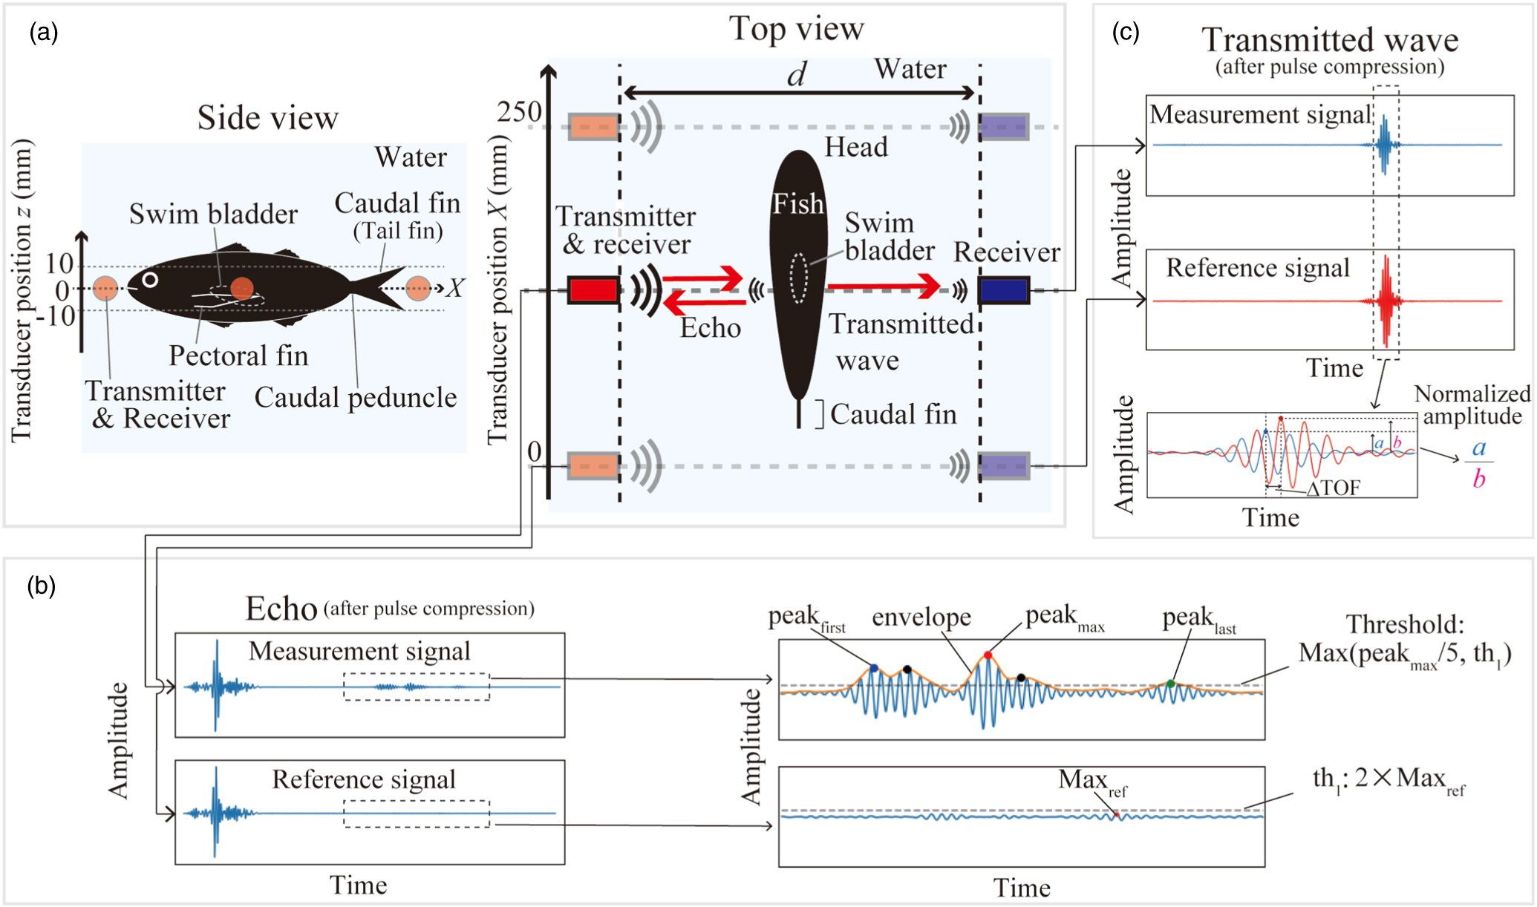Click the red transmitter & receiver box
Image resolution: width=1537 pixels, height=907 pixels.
pos(593,290)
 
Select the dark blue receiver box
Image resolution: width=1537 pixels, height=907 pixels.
pos(1004,290)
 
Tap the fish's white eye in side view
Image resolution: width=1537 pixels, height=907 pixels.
pos(150,280)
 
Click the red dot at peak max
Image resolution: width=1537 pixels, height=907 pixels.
pos(988,655)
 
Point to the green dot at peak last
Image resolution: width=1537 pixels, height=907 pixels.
pos(1170,684)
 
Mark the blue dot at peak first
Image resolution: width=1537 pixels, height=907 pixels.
pos(874,669)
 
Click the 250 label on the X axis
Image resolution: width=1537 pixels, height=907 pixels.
pos(519,112)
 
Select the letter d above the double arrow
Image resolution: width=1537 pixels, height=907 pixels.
pos(797,74)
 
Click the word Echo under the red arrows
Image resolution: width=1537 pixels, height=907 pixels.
pos(711,328)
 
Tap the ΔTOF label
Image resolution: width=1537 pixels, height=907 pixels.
pos(1334,488)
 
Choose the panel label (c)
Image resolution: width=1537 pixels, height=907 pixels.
pos(1125,32)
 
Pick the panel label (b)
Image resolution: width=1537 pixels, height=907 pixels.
pos(42,586)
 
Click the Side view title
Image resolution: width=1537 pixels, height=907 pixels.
pos(267,118)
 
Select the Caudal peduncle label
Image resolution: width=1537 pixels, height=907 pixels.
pos(355,398)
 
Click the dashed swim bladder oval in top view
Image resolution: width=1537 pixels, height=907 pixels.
pos(798,278)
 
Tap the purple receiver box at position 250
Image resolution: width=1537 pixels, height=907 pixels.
pos(1004,127)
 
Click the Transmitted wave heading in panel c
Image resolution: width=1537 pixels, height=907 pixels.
pos(1329,40)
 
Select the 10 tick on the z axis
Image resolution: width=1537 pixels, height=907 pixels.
pos(59,263)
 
